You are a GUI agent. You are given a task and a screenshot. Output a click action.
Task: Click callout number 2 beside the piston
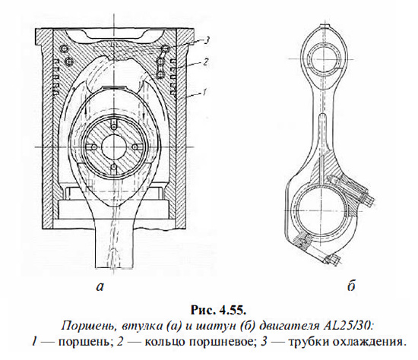(x=205, y=62)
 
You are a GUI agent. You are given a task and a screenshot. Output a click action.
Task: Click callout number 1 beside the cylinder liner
(x=204, y=93)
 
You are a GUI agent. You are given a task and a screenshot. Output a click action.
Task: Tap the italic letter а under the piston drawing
(x=100, y=286)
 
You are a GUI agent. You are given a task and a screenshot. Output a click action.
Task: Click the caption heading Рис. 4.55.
(x=218, y=311)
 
